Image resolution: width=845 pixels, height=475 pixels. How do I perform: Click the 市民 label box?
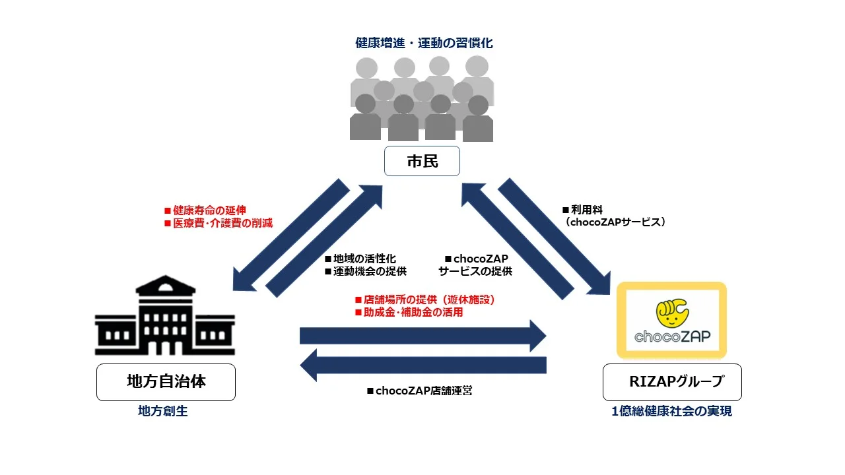pos(422,161)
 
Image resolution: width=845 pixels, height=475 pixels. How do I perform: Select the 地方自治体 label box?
pos(166,382)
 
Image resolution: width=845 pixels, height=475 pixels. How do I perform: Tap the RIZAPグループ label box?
pos(672,382)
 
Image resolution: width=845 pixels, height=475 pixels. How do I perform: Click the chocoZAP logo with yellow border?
pos(671,321)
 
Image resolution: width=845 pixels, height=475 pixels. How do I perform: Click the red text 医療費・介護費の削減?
pos(219,223)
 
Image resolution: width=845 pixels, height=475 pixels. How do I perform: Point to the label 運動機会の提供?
pos(365,271)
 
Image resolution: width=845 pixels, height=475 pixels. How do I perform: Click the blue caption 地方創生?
pos(162,411)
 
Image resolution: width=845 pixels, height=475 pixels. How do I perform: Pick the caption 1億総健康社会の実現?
pos(671,411)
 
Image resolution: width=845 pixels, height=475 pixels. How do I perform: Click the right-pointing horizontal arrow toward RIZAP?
pos(422,336)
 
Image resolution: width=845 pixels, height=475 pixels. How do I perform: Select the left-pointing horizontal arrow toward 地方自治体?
pos(422,365)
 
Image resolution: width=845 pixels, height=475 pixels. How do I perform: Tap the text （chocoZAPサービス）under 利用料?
pos(615,223)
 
